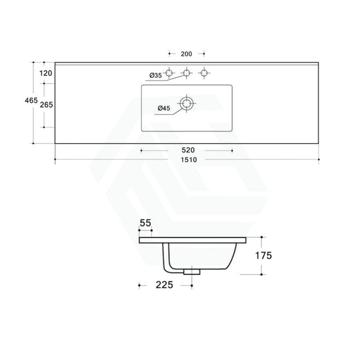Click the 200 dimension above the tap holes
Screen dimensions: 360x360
pos(187,54)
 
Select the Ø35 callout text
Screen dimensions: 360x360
pos(156,75)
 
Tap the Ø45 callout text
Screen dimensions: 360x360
pos(164,108)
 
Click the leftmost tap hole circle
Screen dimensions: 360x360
pos(169,73)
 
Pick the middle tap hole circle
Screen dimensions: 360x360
pos(186,73)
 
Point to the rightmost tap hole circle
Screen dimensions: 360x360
pos(204,73)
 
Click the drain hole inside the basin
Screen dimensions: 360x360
pos(186,104)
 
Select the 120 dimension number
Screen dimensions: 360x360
pos(46,73)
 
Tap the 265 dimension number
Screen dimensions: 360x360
pos(47,105)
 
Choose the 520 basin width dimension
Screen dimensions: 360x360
pos(188,150)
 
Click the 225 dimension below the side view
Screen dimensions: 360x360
pos(164,285)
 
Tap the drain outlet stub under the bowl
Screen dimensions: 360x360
pos(192,272)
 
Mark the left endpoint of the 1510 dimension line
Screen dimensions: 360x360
pos(55,160)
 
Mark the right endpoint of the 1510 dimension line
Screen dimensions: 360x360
pos(319,160)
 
